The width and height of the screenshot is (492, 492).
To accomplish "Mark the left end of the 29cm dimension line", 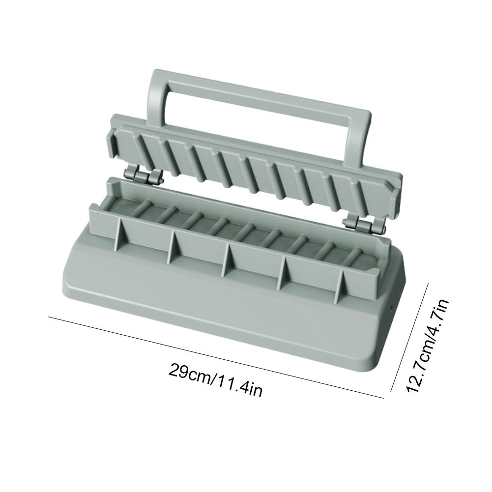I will point(49,318).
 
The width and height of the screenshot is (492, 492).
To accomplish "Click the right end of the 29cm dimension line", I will point(382,396).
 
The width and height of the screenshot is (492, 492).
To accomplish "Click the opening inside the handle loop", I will point(260,123).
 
